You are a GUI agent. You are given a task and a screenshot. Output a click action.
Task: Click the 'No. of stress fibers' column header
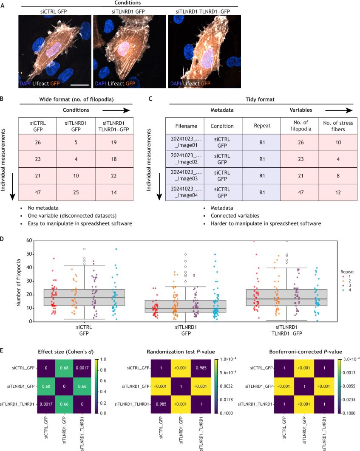(337, 126)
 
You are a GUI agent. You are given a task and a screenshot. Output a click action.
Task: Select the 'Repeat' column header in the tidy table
(261, 126)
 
